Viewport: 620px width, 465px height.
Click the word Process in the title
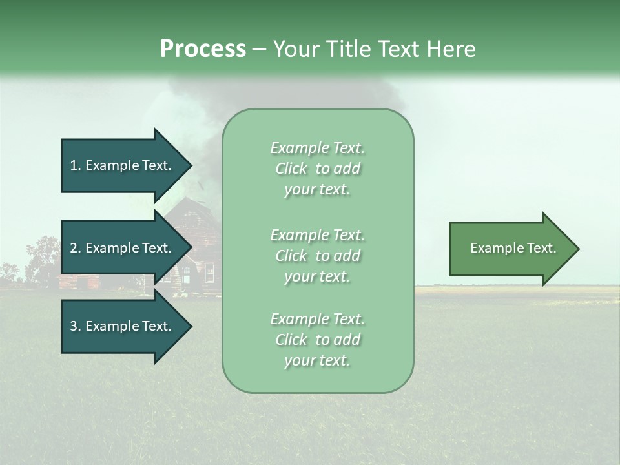click(203, 49)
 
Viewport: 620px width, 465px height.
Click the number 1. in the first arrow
click(76, 165)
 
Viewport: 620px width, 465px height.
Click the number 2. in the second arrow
click(76, 248)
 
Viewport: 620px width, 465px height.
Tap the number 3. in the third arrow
click(76, 326)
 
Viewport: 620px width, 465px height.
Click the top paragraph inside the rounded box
click(317, 169)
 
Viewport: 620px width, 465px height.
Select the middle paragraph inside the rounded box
click(317, 256)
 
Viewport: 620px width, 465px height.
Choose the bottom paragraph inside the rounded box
click(317, 340)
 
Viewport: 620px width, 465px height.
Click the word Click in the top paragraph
click(291, 169)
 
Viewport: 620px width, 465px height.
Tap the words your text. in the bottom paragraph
click(317, 360)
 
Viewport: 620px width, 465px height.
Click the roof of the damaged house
click(194, 213)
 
